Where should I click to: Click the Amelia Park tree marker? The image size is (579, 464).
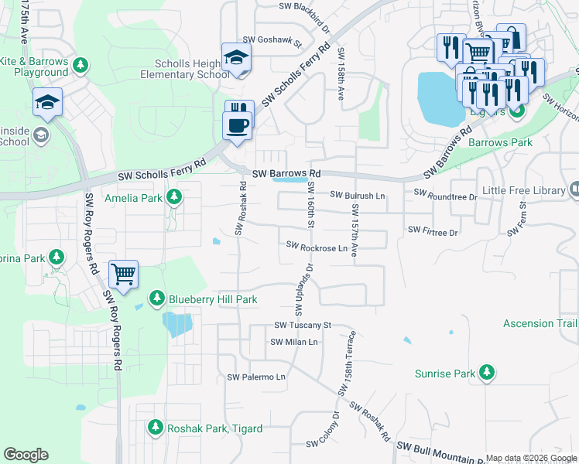[x=175, y=198]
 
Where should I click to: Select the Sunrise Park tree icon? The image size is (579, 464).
[x=487, y=374]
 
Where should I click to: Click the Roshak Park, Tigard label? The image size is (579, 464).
[x=214, y=428]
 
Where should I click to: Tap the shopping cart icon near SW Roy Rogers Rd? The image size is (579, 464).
[x=123, y=274]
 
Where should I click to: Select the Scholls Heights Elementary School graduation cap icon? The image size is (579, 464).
[x=237, y=58]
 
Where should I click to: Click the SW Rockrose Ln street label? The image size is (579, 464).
[x=316, y=247]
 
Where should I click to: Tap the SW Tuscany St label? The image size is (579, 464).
[x=302, y=326]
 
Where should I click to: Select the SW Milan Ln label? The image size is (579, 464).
[x=293, y=342]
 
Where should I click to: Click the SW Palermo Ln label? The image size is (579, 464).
[x=256, y=377]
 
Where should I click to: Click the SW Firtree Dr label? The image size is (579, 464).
[x=433, y=231]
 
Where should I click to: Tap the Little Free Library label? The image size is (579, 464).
[x=523, y=189]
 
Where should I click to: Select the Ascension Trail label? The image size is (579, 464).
[x=540, y=323]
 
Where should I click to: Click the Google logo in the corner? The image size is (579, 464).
[x=26, y=455]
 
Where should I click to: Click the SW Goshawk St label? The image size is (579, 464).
[x=271, y=40]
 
